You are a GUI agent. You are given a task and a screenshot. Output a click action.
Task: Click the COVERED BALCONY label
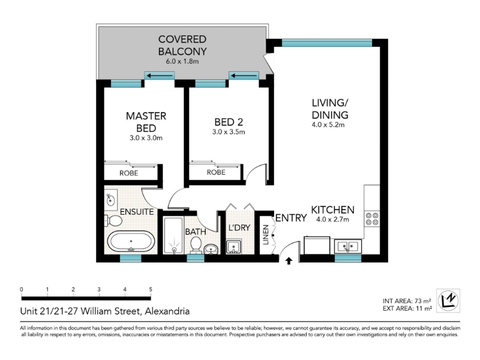(182, 46)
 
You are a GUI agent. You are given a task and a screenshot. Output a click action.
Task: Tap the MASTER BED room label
(146, 122)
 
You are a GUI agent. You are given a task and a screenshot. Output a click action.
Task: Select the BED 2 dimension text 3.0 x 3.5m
(229, 132)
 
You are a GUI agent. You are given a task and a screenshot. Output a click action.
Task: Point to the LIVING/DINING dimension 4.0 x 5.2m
(328, 125)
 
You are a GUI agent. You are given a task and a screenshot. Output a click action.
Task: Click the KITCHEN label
(333, 210)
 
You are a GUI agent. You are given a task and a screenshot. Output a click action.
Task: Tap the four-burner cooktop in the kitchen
(372, 219)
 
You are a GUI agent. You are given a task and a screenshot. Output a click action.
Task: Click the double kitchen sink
(348, 246)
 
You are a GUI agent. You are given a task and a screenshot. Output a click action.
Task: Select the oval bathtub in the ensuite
(131, 242)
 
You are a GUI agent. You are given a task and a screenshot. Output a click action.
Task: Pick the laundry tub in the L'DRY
(234, 247)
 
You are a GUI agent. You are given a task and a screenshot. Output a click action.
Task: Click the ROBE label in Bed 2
(216, 172)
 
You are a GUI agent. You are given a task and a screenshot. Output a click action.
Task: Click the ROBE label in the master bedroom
(128, 173)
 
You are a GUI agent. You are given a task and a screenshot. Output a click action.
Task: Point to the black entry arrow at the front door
(289, 261)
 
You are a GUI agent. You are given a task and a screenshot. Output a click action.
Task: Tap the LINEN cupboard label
(266, 235)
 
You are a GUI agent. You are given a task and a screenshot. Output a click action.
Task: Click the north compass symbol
(448, 301)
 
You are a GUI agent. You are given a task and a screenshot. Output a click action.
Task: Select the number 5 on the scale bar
(151, 289)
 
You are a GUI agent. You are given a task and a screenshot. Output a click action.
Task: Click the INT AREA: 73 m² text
(407, 301)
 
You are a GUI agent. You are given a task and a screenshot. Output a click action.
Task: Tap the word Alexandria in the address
(167, 311)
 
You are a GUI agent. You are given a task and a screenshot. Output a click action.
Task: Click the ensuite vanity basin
(110, 200)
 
